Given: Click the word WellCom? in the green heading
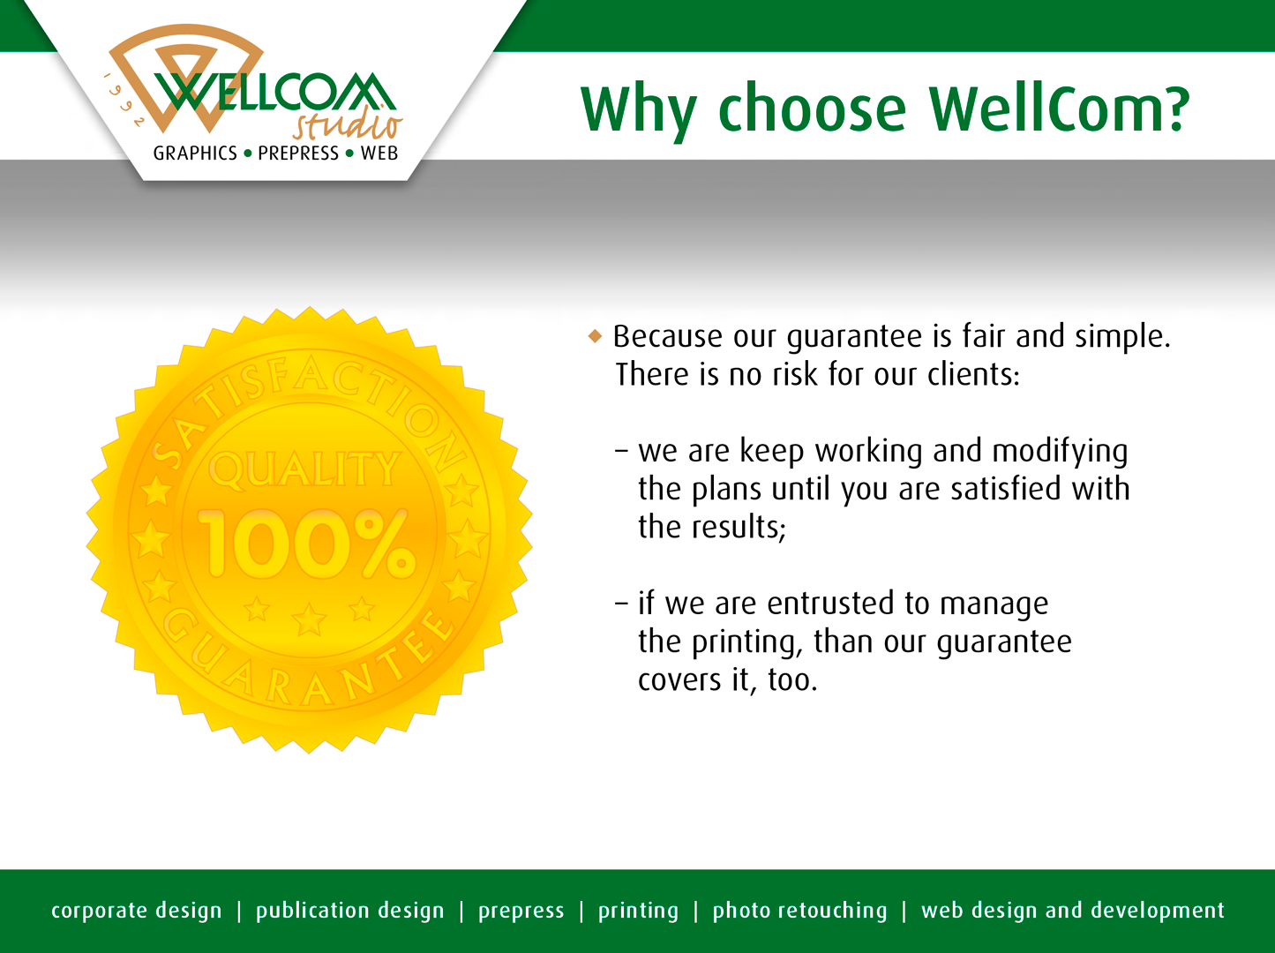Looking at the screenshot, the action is pos(1059,109).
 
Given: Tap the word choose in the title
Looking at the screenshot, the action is pos(812,109).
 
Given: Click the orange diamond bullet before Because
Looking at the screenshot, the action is pos(595,335).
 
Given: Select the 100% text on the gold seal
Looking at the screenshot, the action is pos(306,544).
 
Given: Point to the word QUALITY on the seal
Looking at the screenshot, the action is pos(304,469).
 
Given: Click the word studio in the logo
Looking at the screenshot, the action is pos(348,124).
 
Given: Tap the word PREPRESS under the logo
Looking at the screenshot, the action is pos(298,153).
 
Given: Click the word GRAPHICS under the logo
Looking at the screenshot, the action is pos(195,153).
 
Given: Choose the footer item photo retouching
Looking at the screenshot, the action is pos(799,910).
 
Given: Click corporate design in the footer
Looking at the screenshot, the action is pos(137,910).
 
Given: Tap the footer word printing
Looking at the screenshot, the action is pos(638,911).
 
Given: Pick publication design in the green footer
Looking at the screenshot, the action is pos(349,910).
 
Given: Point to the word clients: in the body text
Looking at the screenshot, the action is pos(973,373).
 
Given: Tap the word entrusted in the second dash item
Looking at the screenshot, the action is pos(830,603).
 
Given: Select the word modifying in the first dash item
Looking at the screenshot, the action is pos(1060,452).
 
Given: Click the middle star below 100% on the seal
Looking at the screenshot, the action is pos(309,619).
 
